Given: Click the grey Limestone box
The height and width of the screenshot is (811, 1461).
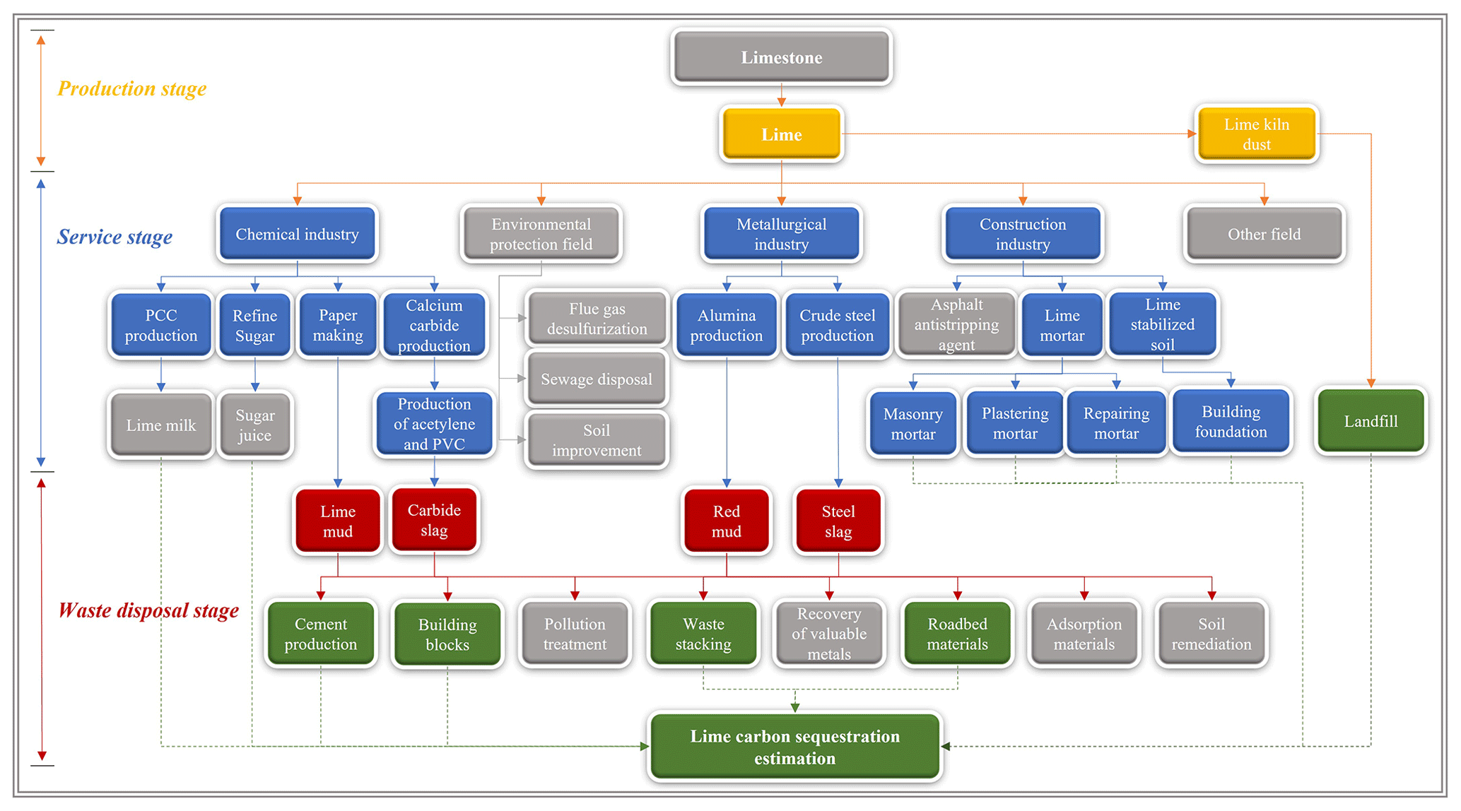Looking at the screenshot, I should click(781, 57).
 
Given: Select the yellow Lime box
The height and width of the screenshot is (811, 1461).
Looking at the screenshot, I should click(781, 134).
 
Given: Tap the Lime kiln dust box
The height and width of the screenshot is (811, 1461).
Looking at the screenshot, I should click(1256, 134).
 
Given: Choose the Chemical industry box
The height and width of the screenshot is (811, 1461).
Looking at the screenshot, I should click(297, 234).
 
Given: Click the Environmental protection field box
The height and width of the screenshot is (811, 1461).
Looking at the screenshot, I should click(541, 234).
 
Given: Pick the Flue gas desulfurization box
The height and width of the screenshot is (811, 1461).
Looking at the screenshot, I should click(597, 319).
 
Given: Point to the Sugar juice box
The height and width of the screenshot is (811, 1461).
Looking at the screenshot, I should click(254, 425).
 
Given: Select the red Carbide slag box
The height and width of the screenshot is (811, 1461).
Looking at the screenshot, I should click(434, 520).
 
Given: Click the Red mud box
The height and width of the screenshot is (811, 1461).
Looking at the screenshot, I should click(726, 521).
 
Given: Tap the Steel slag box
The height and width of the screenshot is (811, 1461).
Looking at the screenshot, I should click(838, 521).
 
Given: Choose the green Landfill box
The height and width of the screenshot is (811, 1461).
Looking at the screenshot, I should click(1371, 421).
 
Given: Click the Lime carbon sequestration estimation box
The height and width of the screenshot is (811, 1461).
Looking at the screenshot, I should click(794, 747).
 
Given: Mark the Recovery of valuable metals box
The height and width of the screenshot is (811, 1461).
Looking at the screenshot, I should click(828, 634).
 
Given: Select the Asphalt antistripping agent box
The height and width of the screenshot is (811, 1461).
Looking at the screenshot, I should click(956, 325).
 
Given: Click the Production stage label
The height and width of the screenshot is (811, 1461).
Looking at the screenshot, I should click(131, 89).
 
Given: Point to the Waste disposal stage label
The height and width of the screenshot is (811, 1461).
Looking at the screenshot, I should click(148, 610).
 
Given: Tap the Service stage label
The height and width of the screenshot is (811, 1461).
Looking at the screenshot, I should click(115, 237).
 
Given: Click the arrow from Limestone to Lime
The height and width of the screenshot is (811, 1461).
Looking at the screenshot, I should click(781, 95).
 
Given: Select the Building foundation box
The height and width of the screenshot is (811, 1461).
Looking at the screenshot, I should click(1231, 422).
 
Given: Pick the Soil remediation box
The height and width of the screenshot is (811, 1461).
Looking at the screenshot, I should click(1211, 634).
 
